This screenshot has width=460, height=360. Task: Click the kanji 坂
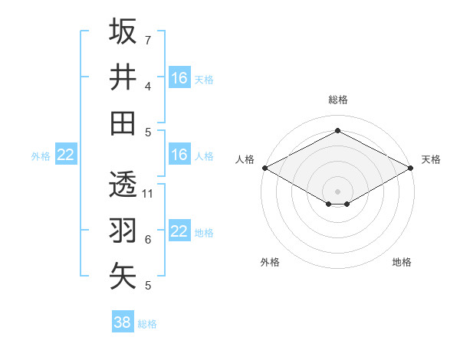pos(123,31)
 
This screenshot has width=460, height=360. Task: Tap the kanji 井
pos(123,77)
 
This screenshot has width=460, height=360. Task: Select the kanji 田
pos(123,123)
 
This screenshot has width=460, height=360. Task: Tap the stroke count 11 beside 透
pos(149,193)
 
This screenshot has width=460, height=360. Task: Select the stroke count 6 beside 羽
pos(148,240)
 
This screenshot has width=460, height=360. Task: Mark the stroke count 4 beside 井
pos(148,86)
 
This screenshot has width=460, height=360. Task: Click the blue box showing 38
pos(123,322)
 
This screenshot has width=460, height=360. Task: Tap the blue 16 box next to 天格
pos(179,78)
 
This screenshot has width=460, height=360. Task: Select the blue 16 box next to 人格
pos(179,155)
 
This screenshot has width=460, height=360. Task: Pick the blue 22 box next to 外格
pos(66,155)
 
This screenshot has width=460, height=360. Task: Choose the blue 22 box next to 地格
pos(179,231)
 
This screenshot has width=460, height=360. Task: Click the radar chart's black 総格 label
pos(338,100)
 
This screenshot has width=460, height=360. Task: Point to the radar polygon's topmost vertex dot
pos(338,130)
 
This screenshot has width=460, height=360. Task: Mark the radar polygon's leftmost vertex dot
pos(264,168)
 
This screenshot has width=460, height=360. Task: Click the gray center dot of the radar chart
pos(338,191)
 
